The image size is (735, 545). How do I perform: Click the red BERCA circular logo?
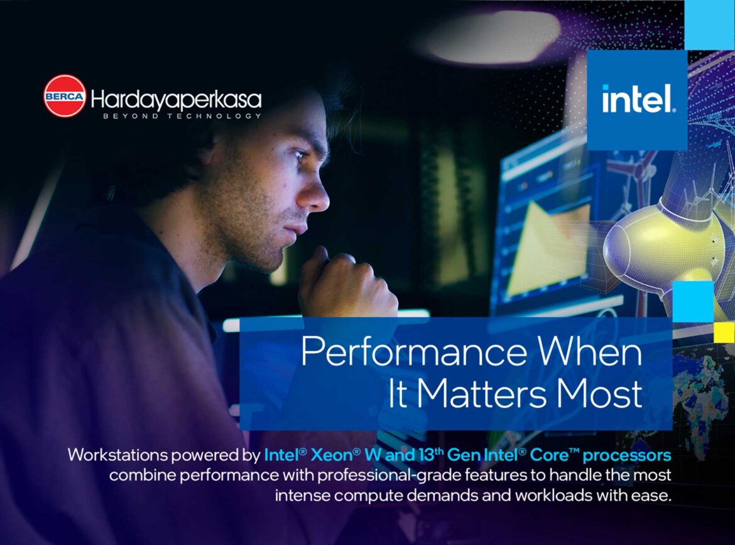coord(65,95)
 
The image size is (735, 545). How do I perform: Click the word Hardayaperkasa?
coord(176,99)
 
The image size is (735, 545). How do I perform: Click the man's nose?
coord(318,197)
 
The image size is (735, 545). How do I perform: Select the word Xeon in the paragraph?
coord(332,455)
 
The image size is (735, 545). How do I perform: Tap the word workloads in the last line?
coord(550,495)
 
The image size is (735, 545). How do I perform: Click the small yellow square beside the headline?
coord(724,332)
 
